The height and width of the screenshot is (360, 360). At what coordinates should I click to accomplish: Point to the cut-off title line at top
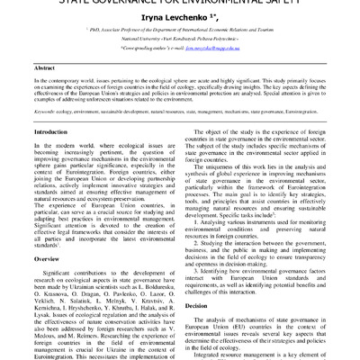coord(180,3)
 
